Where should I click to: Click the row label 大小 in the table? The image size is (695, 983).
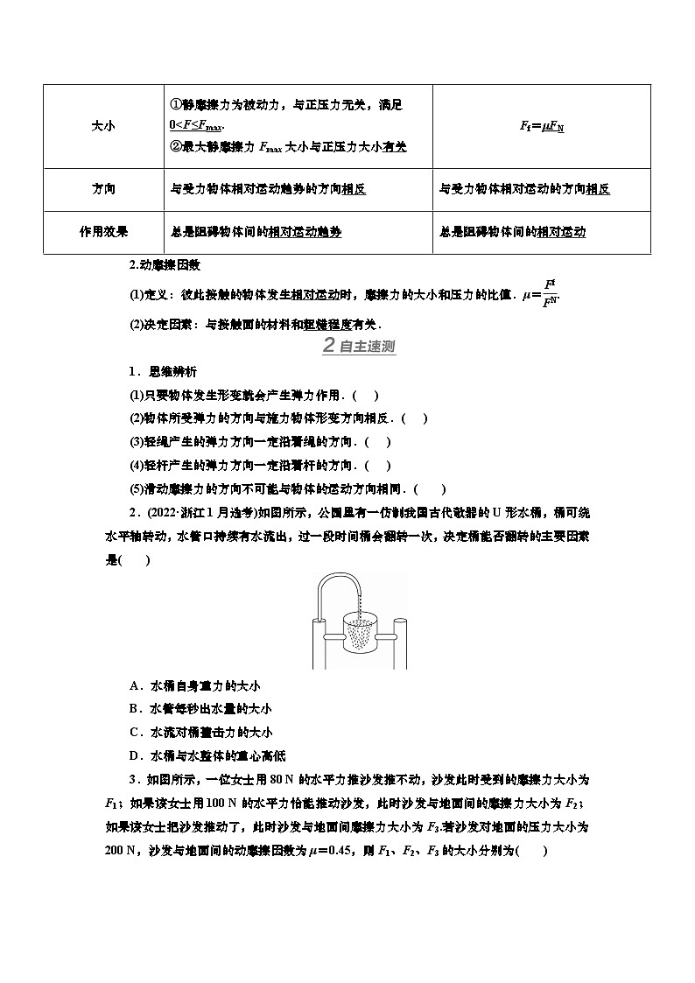[x=103, y=126]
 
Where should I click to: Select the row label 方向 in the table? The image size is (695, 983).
[x=103, y=189]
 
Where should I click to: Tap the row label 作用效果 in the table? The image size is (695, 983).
[x=103, y=232]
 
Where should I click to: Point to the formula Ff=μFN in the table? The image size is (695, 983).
[x=542, y=126]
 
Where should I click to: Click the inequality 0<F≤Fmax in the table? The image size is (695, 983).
[x=192, y=126]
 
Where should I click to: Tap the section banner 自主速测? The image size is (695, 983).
[x=359, y=347]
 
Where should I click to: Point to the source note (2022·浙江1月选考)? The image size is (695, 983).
[x=192, y=513]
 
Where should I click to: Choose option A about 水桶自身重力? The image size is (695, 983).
[x=189, y=686]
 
